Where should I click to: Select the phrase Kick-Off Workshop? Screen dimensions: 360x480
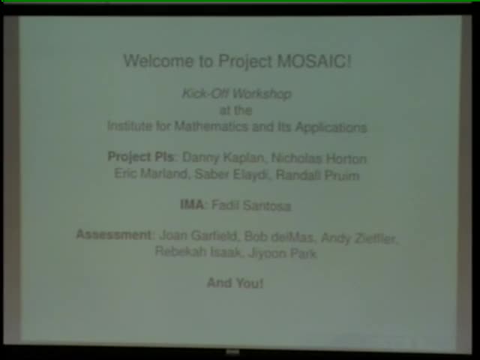tap(236, 94)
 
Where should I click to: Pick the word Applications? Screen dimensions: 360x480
tap(331, 127)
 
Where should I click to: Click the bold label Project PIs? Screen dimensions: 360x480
tap(141, 157)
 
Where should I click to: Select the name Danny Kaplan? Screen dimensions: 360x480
tap(223, 158)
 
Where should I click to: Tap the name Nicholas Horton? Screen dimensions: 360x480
tap(319, 158)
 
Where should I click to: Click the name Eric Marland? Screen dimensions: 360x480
tap(151, 175)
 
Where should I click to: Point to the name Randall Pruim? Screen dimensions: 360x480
tap(318, 175)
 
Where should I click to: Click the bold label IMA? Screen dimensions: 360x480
tap(191, 205)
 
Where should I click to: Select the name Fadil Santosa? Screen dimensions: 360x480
tap(250, 205)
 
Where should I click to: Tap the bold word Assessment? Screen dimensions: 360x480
tap(114, 235)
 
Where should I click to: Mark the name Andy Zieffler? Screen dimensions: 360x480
tap(358, 238)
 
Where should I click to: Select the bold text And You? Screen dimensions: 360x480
tap(235, 283)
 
